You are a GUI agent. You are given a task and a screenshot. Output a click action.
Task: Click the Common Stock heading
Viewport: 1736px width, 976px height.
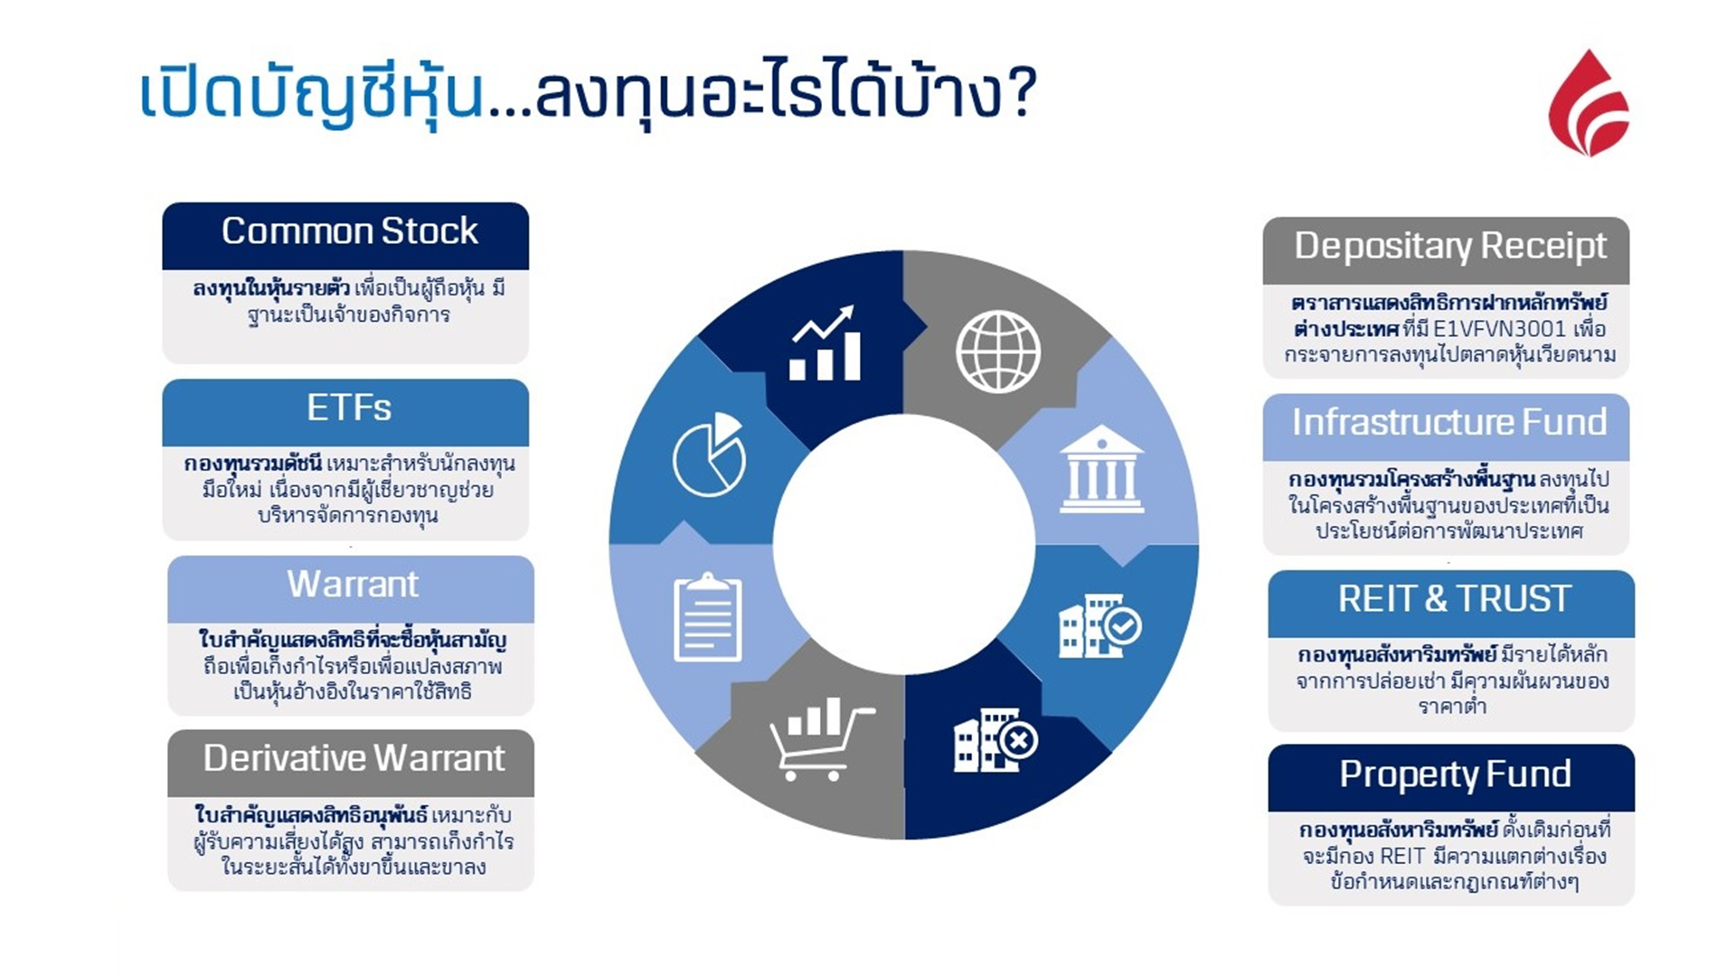point(349,231)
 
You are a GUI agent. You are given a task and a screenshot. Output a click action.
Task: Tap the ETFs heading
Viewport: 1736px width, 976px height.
point(348,408)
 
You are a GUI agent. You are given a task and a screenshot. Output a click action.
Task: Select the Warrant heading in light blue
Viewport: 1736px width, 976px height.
point(352,585)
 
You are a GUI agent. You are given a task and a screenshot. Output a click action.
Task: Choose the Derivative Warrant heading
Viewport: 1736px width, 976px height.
point(354,759)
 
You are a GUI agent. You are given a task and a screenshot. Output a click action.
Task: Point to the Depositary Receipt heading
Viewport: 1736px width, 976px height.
point(1449,247)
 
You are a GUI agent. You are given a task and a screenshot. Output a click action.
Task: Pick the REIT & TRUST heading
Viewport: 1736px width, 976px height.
point(1454,599)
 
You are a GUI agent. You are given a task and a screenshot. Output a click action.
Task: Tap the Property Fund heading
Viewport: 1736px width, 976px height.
point(1454,774)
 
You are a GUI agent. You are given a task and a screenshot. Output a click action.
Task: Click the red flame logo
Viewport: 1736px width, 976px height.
point(1589,104)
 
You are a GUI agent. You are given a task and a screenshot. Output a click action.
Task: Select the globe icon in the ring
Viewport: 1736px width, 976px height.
point(998,352)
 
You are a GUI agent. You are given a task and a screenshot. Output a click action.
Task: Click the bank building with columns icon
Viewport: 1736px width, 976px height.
point(1100,470)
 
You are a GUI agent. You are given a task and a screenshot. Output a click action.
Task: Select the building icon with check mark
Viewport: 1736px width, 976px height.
point(1099,625)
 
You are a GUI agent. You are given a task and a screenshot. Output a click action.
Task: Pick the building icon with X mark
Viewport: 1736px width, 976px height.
point(995,740)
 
